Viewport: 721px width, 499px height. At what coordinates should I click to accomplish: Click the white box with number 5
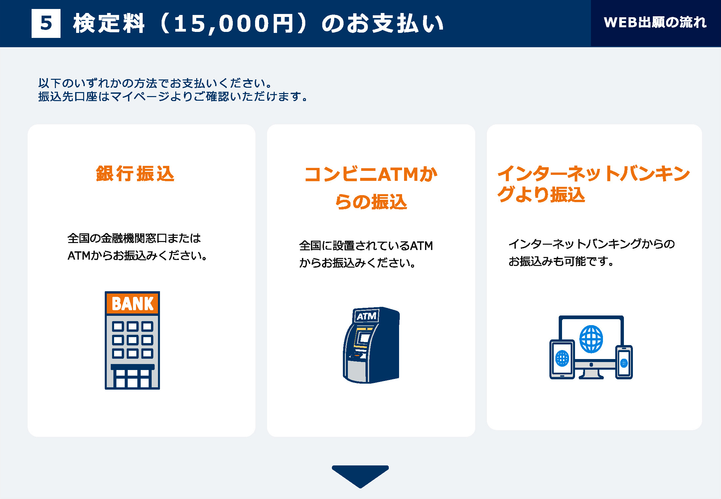click(46, 23)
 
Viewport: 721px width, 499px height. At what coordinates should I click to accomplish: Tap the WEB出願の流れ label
click(655, 23)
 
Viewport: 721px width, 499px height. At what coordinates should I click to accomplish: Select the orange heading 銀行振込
click(135, 174)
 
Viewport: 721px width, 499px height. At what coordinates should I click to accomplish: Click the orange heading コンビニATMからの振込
click(371, 188)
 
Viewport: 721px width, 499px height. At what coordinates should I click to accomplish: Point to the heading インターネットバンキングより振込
click(594, 184)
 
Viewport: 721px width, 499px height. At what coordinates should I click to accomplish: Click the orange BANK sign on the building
click(133, 303)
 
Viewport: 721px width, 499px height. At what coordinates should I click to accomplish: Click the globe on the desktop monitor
click(591, 339)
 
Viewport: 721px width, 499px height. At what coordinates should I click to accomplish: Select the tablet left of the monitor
click(562, 359)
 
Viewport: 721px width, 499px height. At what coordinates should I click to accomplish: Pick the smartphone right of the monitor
click(624, 362)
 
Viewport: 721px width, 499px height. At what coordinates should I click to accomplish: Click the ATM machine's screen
click(364, 338)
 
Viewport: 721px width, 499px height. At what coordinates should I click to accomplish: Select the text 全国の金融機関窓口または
click(134, 238)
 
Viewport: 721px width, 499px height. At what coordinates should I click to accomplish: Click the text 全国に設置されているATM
click(366, 246)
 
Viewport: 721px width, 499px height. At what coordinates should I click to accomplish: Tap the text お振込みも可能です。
click(561, 261)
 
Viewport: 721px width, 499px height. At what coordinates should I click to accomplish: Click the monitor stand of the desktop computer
click(591, 373)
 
